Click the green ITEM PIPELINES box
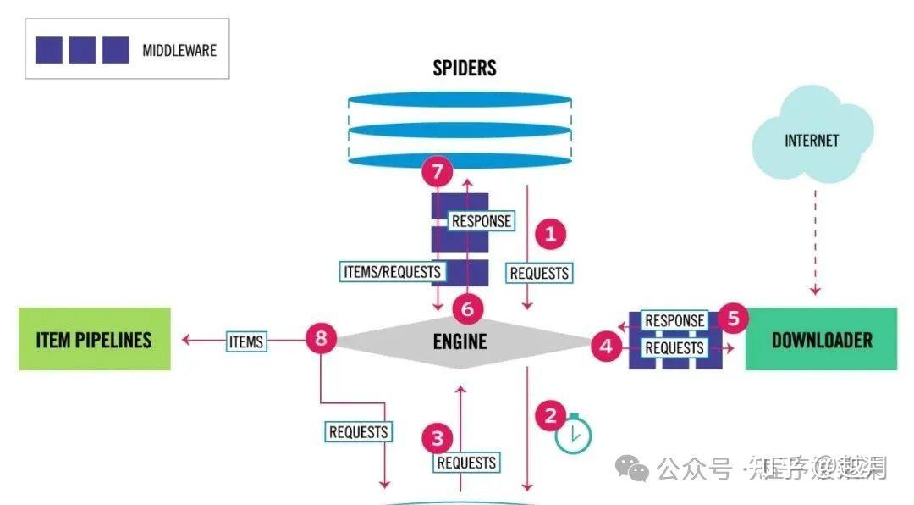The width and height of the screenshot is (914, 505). [94, 340]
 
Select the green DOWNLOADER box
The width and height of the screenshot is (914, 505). [821, 340]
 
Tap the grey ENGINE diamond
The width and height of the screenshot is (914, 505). [460, 341]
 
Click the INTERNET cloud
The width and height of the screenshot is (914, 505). [811, 141]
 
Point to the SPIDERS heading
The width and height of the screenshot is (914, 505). [465, 68]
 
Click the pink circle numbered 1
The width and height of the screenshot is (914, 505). [550, 234]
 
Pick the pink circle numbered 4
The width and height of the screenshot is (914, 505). [606, 346]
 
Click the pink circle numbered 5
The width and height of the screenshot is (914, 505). [733, 319]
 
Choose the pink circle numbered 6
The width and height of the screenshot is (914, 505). [467, 309]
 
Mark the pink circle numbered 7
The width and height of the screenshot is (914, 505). [437, 173]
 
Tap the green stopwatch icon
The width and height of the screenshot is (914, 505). [574, 435]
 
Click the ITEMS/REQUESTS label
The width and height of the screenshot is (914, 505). [393, 272]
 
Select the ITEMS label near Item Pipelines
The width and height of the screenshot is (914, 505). [246, 341]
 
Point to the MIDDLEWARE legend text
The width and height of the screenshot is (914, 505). [179, 50]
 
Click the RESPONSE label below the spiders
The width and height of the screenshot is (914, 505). [482, 221]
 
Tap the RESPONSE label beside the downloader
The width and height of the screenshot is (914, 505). [674, 320]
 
